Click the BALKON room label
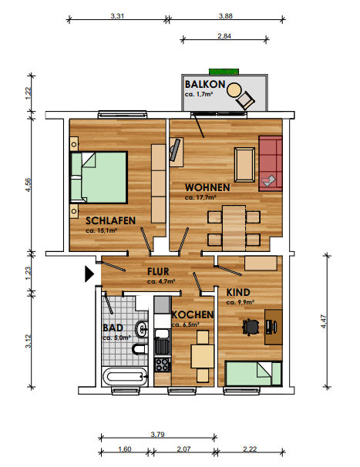coord(205,84)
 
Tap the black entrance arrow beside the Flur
coord(89,274)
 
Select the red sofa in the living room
coord(271,163)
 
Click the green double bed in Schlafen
coord(99,178)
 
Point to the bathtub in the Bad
coord(125,377)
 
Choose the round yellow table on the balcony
coord(234,89)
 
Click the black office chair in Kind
coord(251,327)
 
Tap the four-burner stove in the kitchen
coord(163,365)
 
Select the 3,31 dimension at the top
coord(117,15)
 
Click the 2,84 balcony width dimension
coord(224,36)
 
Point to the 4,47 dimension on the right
coord(324,321)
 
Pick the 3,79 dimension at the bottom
coord(158,434)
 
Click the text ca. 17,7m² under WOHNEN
coord(200,197)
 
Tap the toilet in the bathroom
coord(140,349)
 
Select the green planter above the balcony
coord(224,72)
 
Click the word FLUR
coord(158,271)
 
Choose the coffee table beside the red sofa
coord(244,164)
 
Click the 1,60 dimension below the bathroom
coord(125,449)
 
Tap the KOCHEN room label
coord(193,314)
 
